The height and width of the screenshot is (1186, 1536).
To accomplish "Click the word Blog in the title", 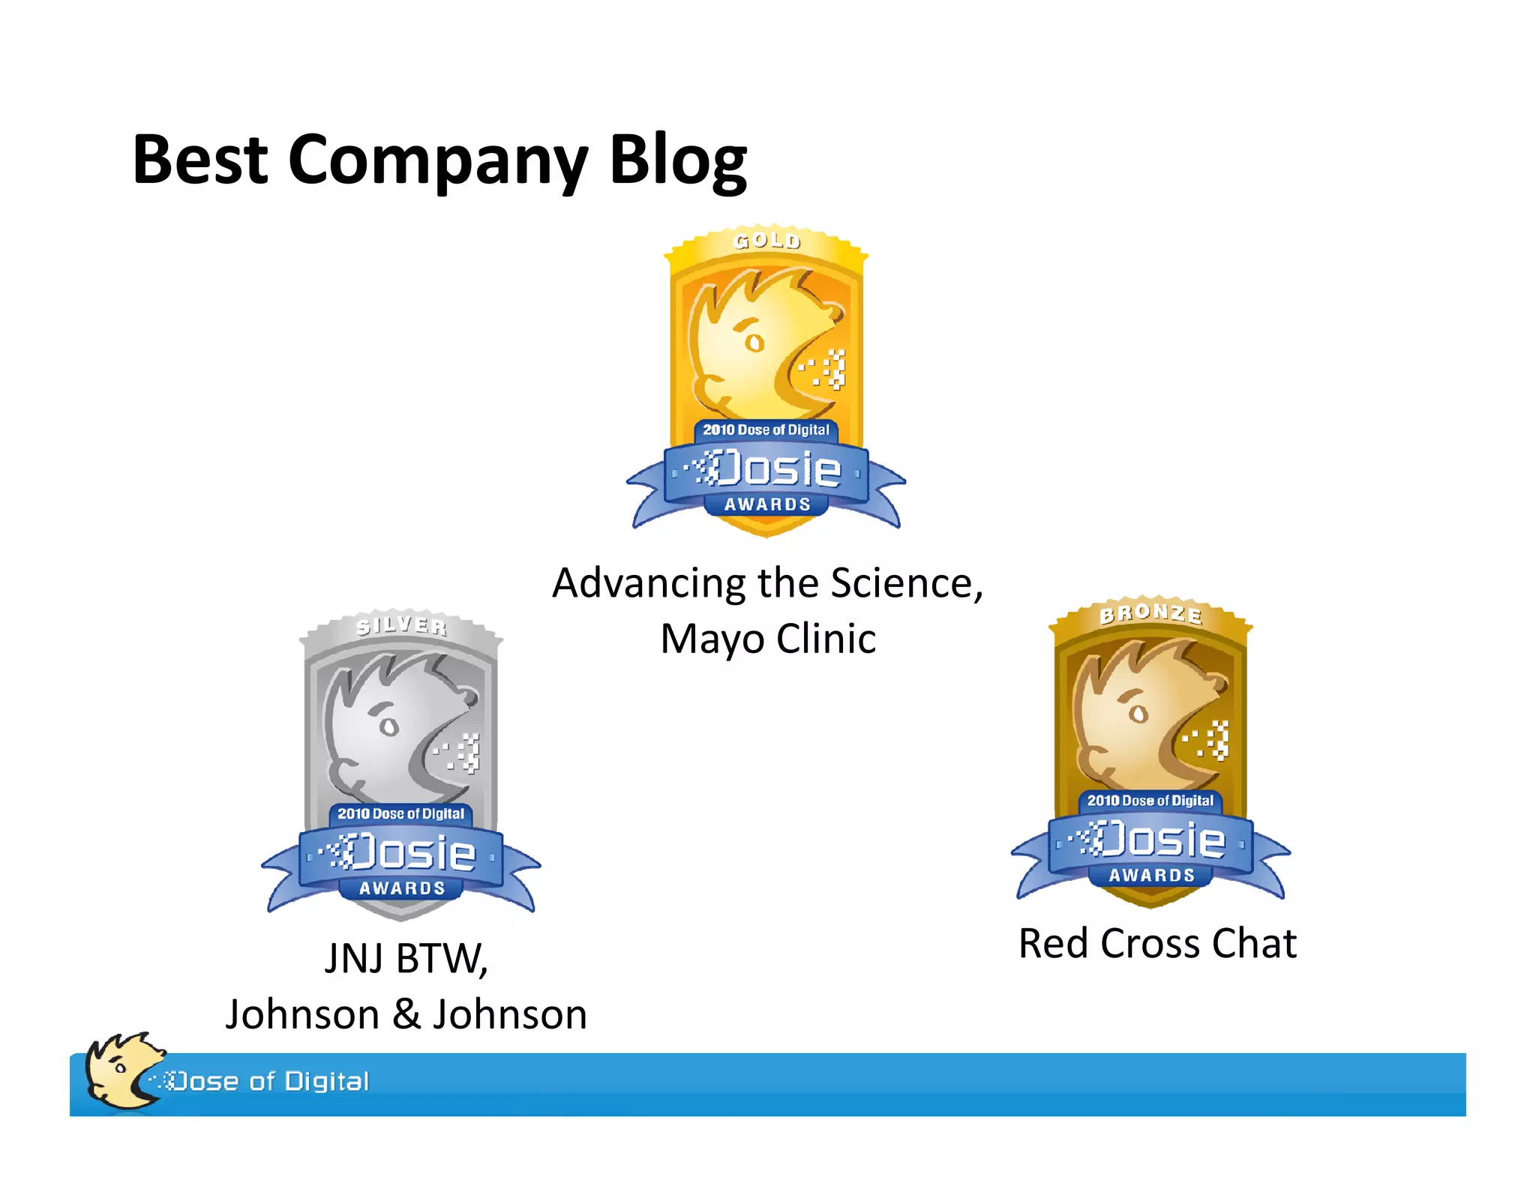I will pos(677,160).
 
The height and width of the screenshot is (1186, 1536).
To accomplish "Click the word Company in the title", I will pos(437,162).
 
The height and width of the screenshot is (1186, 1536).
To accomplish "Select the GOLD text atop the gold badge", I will pos(766,241).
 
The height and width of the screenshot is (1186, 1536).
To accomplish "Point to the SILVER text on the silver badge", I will pos(401,626).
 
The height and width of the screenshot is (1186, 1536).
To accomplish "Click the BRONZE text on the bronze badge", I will pos(1150,614).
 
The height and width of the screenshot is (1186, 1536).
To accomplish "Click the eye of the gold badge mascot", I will pos(754,343).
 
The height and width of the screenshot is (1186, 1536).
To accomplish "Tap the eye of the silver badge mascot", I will pos(388,726).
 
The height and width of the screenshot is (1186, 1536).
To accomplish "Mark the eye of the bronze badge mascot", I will pos(1138,713).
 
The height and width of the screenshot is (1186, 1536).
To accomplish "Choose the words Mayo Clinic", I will pos(768,639).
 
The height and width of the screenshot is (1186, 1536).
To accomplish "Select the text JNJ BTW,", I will pos(406,958).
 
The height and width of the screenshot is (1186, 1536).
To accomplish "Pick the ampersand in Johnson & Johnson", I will pos(406,1014).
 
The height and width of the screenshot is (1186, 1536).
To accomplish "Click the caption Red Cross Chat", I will pos(1157,943).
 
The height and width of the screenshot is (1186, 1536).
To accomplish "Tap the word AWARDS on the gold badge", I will pos(767,505).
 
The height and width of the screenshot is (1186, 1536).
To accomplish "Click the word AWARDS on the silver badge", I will pos(402,888).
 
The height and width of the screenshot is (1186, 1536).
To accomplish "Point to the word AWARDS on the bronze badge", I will pos(1151,875).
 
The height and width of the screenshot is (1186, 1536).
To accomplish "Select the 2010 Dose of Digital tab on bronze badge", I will pos(1150,801).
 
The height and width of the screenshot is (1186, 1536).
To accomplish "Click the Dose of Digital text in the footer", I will pos(270,1081).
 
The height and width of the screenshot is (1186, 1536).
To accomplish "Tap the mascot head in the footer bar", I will pos(120,1070).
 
